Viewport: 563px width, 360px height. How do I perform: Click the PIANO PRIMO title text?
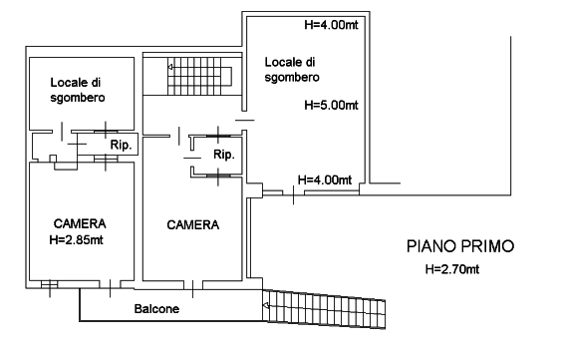(460, 246)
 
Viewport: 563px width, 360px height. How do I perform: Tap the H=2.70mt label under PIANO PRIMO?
(452, 269)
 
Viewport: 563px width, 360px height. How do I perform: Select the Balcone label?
(156, 309)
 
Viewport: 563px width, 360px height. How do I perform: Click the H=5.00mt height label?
(331, 106)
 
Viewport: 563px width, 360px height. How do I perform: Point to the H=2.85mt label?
(76, 239)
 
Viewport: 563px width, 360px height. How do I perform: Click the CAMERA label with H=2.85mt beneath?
(80, 223)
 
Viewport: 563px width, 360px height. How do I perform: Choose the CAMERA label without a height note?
(192, 225)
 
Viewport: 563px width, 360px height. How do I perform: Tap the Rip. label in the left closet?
(121, 146)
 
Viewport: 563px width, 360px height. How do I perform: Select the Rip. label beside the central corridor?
(224, 155)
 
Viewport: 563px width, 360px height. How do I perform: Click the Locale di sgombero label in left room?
(78, 90)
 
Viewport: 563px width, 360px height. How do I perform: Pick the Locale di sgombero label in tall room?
(292, 70)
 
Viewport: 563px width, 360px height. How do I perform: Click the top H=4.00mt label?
(331, 25)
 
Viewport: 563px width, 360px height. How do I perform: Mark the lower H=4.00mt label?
(325, 180)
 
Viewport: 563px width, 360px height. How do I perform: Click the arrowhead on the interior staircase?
(170, 67)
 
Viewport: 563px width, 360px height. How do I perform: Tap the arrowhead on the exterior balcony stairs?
(266, 306)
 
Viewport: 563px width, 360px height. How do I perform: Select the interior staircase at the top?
(199, 76)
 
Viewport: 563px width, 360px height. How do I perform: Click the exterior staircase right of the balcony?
(324, 309)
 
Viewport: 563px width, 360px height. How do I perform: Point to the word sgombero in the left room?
(78, 98)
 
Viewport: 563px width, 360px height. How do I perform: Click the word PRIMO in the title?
(487, 246)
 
